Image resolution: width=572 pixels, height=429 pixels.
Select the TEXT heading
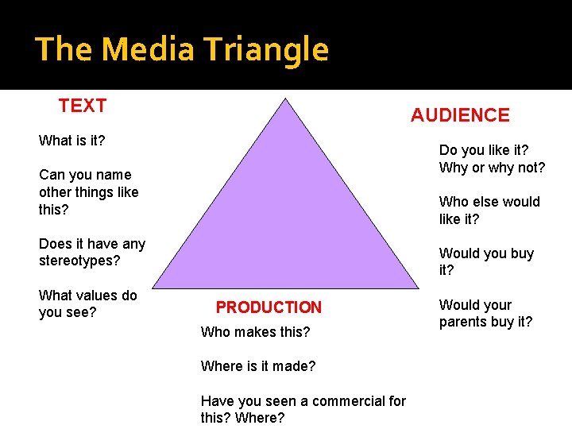click(83, 106)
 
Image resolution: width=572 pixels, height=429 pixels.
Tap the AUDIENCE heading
click(460, 115)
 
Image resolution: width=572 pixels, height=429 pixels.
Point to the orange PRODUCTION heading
click(269, 307)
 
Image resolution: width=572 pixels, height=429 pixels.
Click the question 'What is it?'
click(72, 141)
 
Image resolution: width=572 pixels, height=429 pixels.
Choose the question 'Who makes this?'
click(255, 332)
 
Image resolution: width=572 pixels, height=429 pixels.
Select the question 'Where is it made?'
click(258, 366)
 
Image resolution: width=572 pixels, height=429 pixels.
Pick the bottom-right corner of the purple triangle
click(419, 288)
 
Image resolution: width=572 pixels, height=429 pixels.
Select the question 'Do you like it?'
click(484, 150)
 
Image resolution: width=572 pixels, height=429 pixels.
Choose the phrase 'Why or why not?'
click(492, 168)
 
